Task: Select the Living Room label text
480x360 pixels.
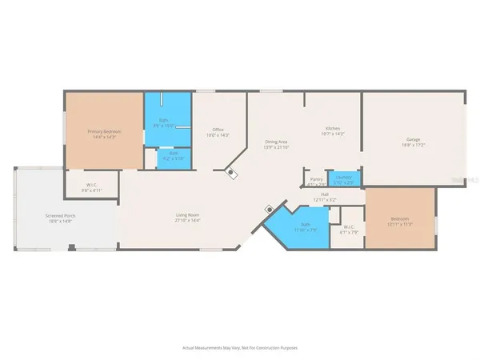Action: (187, 214)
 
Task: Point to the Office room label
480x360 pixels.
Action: (218, 130)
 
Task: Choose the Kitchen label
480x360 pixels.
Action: (333, 129)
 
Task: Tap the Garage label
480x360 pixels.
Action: (414, 139)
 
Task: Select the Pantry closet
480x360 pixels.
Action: (317, 179)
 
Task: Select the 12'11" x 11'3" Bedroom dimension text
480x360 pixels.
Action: (400, 223)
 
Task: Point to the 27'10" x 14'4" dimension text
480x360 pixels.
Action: (187, 219)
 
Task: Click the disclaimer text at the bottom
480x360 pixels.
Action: (239, 348)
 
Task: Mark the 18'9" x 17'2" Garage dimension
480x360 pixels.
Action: (414, 145)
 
